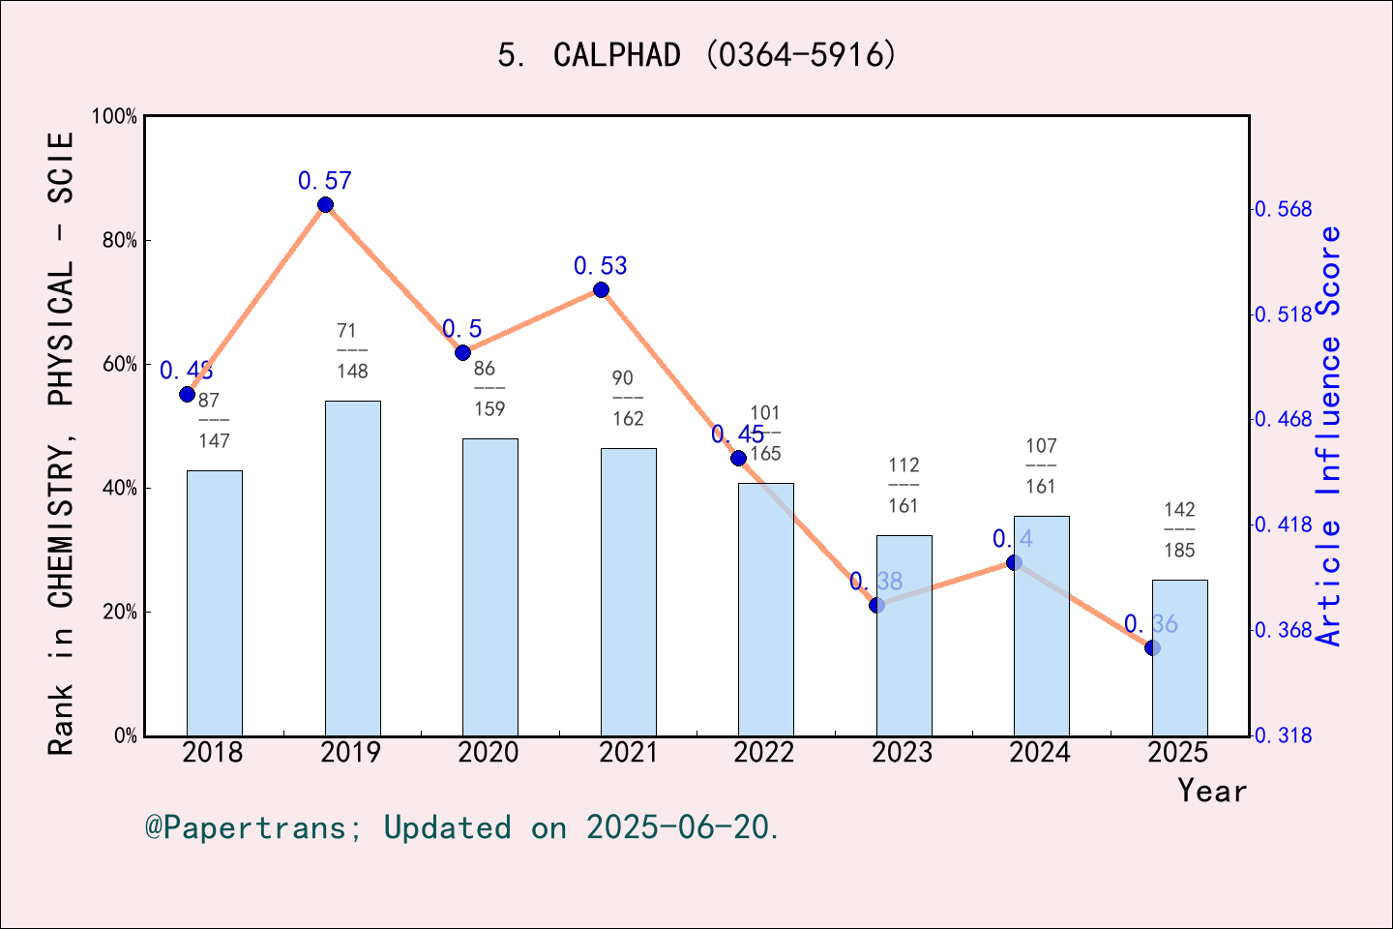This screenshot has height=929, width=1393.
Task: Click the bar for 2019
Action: pyautogui.click(x=352, y=568)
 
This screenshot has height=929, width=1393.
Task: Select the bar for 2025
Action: pyautogui.click(x=1179, y=658)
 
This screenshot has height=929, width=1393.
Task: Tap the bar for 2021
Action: pyautogui.click(x=628, y=591)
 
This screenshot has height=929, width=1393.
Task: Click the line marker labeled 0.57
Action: pyautogui.click(x=325, y=205)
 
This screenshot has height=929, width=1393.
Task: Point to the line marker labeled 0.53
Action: pyautogui.click(x=601, y=290)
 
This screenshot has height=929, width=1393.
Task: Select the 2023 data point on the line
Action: pyautogui.click(x=876, y=605)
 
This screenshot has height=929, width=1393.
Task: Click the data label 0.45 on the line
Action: pyautogui.click(x=737, y=435)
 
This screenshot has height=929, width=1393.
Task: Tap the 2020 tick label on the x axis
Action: pyautogui.click(x=489, y=752)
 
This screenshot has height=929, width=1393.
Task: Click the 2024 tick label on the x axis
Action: pyautogui.click(x=1040, y=752)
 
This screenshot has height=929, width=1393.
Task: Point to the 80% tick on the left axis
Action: pyautogui.click(x=120, y=240)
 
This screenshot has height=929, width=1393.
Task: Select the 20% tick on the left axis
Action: pyautogui.click(x=120, y=612)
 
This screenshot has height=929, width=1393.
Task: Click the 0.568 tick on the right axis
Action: pyautogui.click(x=1283, y=209)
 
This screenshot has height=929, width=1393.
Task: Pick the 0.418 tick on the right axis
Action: pyautogui.click(x=1283, y=524)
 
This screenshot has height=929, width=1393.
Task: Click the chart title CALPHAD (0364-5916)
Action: pyautogui.click(x=697, y=55)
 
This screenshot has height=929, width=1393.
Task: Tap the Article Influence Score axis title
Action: pyautogui.click(x=1330, y=435)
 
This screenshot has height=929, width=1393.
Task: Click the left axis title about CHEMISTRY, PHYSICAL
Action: pyautogui.click(x=61, y=443)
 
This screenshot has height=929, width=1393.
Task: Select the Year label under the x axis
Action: pyautogui.click(x=1212, y=791)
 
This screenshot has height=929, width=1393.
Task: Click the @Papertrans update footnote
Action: pyautogui.click(x=462, y=827)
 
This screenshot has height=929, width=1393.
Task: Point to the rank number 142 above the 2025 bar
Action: pyautogui.click(x=1179, y=509)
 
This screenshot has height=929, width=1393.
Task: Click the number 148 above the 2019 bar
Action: pyautogui.click(x=352, y=371)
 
